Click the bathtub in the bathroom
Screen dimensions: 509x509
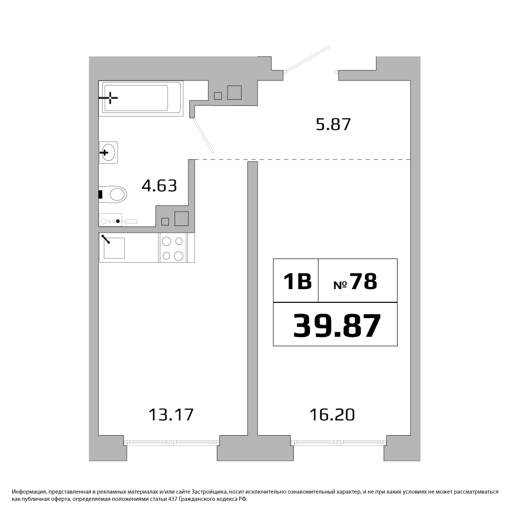click(141, 98)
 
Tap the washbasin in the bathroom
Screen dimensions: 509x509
click(109, 153)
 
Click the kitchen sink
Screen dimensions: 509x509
click(114, 248)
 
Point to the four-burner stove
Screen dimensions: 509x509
click(173, 248)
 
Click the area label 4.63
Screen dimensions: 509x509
click(159, 186)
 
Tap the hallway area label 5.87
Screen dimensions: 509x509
click(333, 124)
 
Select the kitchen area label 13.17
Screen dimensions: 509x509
click(171, 415)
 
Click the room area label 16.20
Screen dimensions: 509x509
click(332, 415)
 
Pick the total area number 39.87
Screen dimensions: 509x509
click(336, 326)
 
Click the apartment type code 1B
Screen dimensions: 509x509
click(297, 281)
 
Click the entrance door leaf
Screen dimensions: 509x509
click(307, 59)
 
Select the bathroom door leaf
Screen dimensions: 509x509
click(204, 135)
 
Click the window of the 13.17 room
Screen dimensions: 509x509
click(172, 442)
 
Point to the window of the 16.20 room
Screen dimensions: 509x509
click(339, 442)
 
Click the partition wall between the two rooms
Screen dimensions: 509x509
click(252, 299)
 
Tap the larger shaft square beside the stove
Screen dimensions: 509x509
click(182, 218)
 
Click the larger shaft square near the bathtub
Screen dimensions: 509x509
click(234, 92)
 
